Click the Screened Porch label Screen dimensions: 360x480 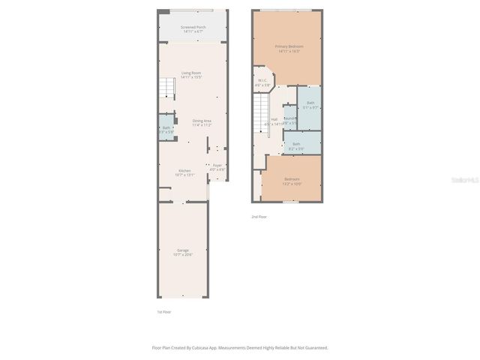193,29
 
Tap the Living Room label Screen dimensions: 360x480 191,74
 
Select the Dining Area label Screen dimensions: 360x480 202,122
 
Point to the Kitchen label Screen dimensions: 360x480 184,172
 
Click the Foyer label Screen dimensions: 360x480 217,166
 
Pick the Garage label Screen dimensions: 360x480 183,251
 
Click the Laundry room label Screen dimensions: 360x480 290,119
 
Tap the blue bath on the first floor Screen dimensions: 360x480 166,128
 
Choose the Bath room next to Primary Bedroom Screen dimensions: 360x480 310,104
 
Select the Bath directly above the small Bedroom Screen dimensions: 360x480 296,145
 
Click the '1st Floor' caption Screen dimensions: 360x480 163,311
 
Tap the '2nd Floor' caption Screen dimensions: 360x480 258,217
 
